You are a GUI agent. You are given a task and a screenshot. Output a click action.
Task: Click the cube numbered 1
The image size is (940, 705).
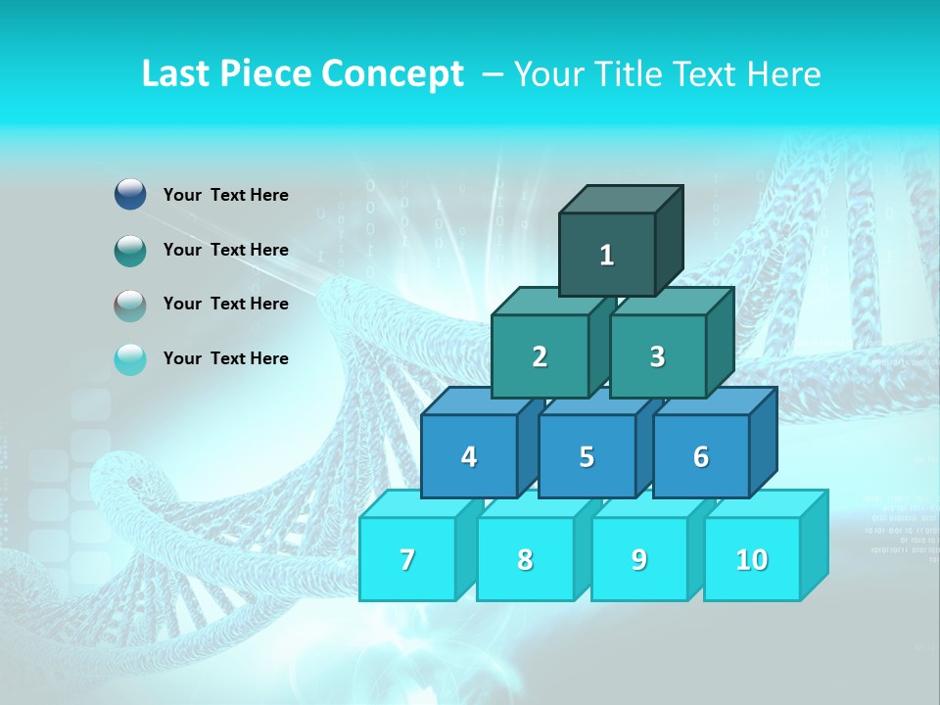pyautogui.click(x=607, y=255)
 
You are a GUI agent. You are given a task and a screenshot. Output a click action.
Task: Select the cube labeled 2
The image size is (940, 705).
pyautogui.click(x=540, y=356)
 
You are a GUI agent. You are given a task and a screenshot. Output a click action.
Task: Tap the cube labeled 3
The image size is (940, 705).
pyautogui.click(x=657, y=356)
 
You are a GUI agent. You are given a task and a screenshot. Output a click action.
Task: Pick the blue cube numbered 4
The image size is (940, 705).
pyautogui.click(x=469, y=456)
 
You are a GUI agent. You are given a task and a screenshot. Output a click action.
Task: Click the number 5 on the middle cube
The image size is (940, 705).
pyautogui.click(x=587, y=457)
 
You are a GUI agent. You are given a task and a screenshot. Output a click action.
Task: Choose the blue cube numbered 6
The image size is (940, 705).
pyautogui.click(x=701, y=456)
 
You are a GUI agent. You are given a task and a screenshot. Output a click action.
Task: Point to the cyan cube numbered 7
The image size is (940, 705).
pyautogui.click(x=407, y=559)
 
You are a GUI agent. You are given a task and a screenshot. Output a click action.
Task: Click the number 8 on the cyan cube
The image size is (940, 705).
pyautogui.click(x=525, y=560)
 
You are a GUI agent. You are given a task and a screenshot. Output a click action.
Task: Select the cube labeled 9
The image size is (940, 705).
pyautogui.click(x=639, y=559)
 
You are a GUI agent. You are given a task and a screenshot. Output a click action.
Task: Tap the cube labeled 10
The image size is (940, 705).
pyautogui.click(x=752, y=559)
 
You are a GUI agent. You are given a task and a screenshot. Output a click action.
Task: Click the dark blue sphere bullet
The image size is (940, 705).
pyautogui.click(x=130, y=195)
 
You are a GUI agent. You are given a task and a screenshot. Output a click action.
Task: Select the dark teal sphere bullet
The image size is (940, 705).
pyautogui.click(x=130, y=250)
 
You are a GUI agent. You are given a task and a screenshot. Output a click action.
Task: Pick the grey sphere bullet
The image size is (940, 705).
pyautogui.click(x=130, y=305)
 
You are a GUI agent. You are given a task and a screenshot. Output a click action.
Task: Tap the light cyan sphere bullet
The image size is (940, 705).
pyautogui.click(x=130, y=358)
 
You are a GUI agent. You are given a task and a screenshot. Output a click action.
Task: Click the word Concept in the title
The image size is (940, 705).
pyautogui.click(x=393, y=74)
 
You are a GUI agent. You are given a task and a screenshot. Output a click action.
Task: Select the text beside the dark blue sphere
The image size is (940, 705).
pyautogui.click(x=225, y=195)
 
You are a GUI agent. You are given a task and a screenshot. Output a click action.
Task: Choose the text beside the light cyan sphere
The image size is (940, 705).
pyautogui.click(x=225, y=358)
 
